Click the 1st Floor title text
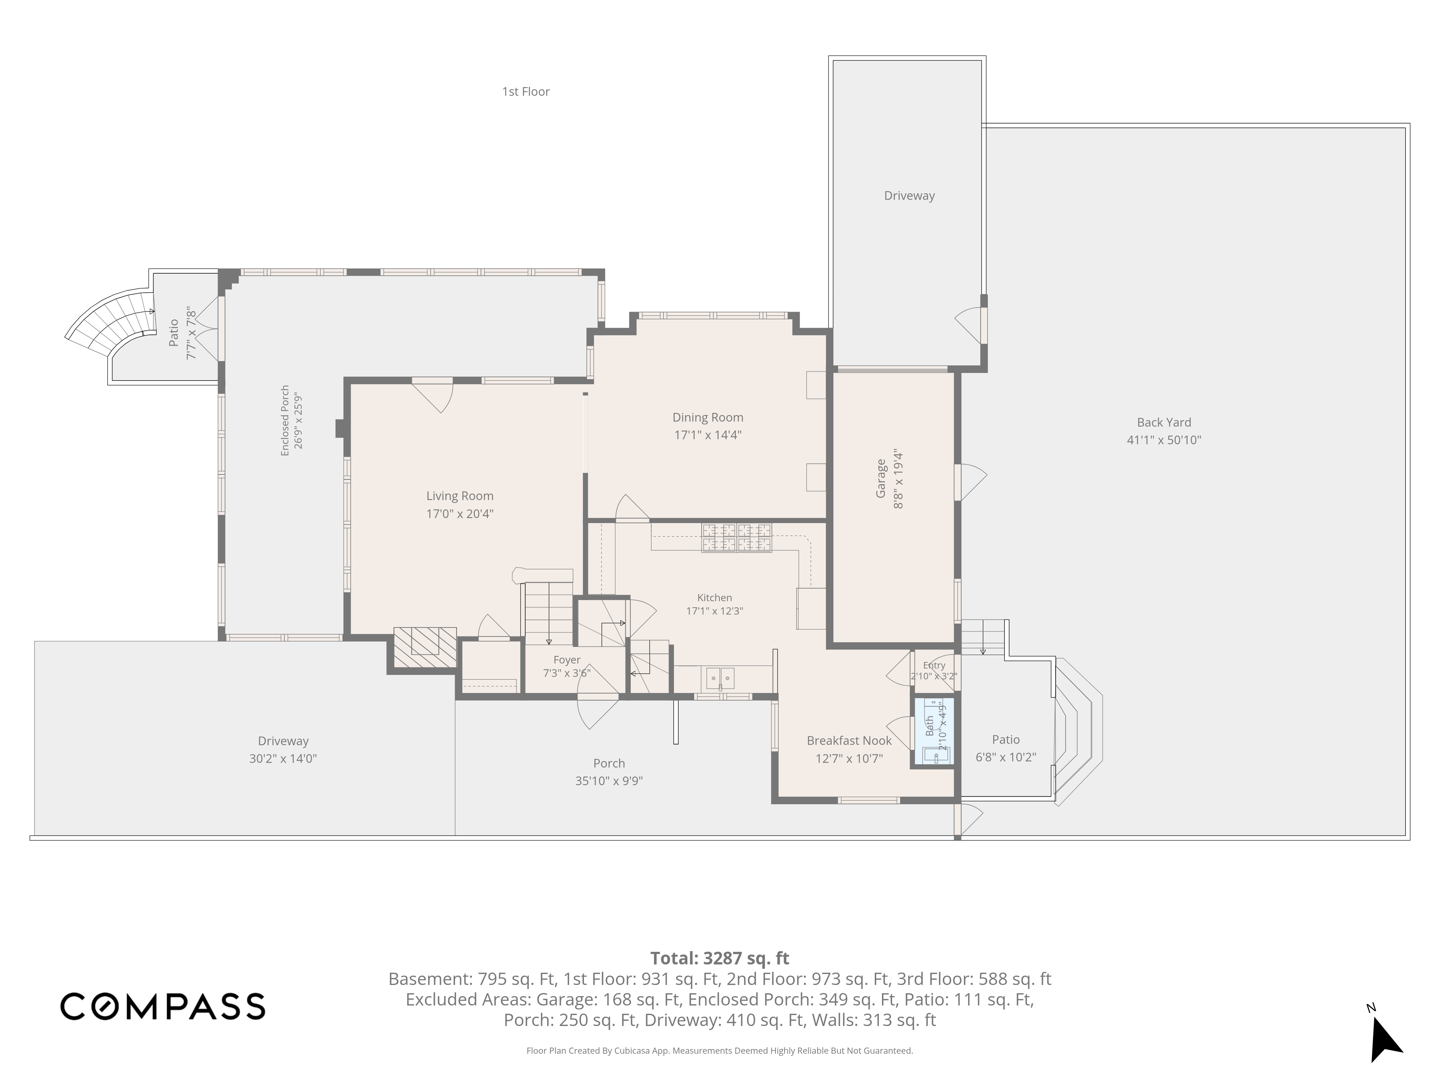pos(525,92)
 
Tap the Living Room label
pos(460,496)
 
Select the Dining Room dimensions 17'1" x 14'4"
pos(708,435)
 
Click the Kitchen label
pos(714,598)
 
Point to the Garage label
pos(881,478)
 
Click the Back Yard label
pos(1164,423)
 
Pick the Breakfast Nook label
pos(849,741)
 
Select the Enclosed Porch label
pos(284,420)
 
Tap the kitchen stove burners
pos(736,538)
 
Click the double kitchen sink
pos(720,678)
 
